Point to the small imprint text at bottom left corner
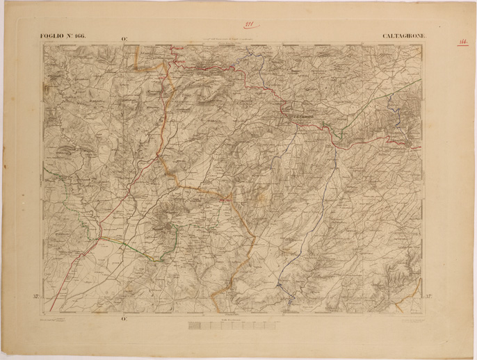pos(53,319)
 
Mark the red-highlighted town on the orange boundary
pos(224,200)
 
